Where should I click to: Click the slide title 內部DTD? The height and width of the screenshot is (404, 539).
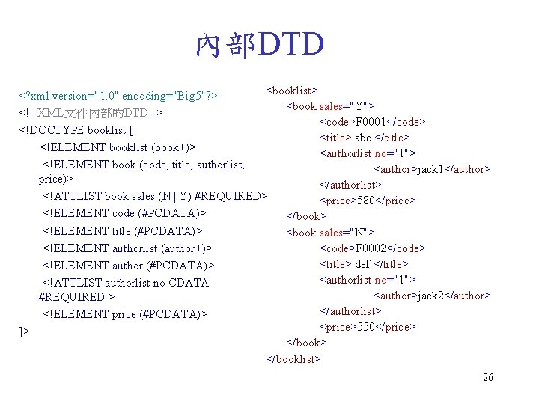click(259, 45)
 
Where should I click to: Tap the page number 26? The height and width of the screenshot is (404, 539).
click(488, 377)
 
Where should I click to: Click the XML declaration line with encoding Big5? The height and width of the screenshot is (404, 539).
click(118, 97)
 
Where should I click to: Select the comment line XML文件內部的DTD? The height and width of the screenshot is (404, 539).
click(91, 113)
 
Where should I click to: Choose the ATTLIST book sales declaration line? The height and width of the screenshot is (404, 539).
click(154, 196)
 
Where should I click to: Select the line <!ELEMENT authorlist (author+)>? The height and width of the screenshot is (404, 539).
click(127, 248)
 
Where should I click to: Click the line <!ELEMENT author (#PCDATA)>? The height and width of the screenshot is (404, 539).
click(128, 265)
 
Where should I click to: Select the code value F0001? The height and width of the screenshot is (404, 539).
click(373, 122)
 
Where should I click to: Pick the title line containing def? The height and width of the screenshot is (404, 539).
click(364, 264)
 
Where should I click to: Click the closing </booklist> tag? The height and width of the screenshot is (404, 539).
click(293, 358)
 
